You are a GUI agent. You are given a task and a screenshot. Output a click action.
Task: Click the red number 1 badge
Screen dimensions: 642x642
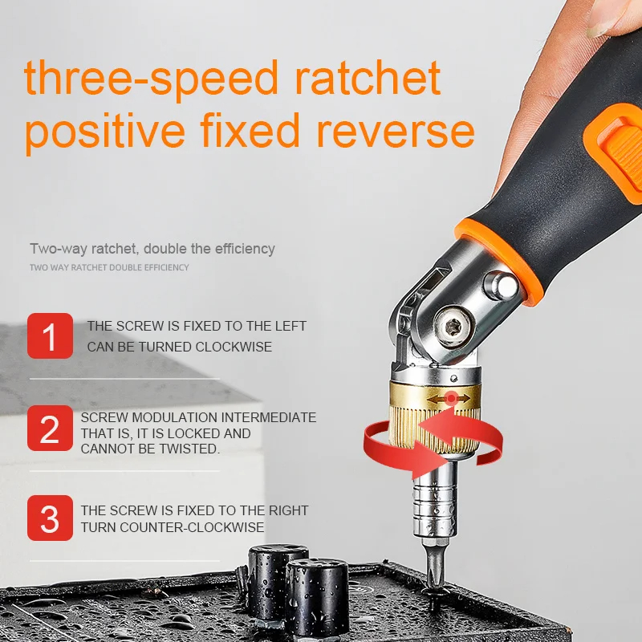(50, 336)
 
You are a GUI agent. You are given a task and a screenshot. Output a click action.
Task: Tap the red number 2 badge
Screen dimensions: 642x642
(50, 429)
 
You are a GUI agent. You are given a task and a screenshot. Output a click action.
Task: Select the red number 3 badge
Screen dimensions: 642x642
(50, 518)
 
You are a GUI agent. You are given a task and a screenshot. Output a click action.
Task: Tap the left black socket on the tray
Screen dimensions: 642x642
(277, 578)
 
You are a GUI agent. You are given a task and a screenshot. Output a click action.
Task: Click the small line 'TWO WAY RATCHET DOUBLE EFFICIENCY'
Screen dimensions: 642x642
(109, 267)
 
